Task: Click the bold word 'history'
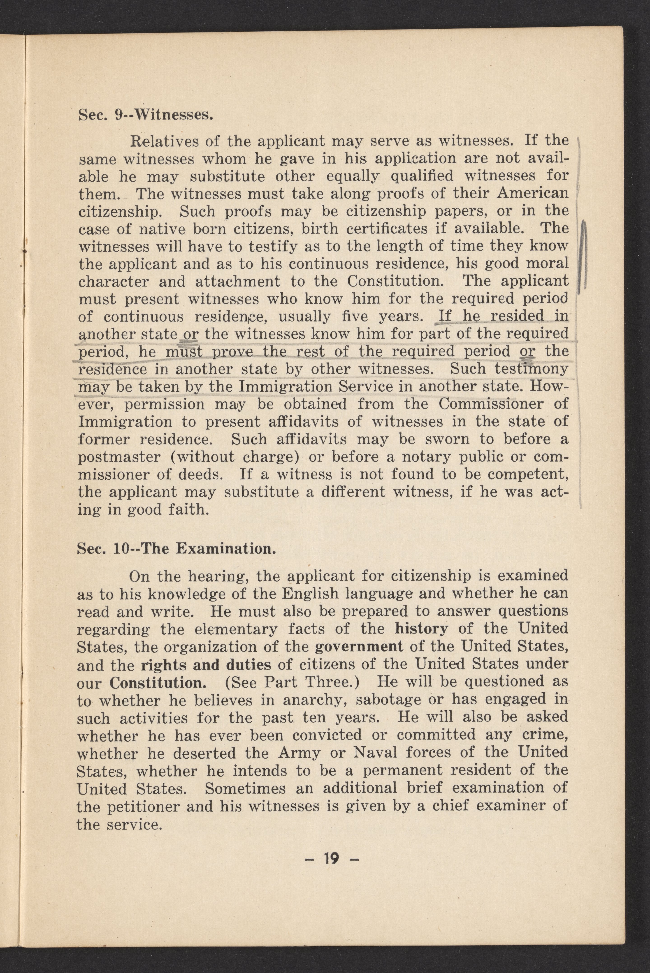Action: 421,629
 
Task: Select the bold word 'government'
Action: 359,647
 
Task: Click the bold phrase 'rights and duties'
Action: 206,665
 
